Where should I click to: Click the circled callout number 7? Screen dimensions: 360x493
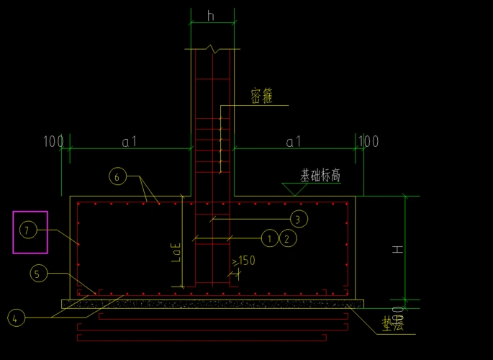[27, 230]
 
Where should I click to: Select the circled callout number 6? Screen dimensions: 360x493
[117, 175]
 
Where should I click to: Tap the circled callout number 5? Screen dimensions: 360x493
[39, 274]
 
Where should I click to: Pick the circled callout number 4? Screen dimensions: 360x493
[17, 317]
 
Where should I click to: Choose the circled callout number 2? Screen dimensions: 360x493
[286, 238]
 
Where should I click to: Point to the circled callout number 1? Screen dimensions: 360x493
[269, 238]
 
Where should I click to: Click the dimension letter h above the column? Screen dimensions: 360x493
[211, 16]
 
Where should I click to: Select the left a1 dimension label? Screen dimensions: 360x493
[129, 142]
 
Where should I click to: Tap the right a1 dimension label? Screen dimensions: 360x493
[294, 142]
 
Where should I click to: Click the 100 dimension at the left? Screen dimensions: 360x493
[53, 141]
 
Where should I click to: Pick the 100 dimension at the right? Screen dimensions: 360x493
[368, 141]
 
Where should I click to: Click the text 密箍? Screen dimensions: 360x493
[262, 96]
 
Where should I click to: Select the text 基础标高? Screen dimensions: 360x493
[320, 175]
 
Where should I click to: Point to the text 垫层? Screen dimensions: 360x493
[393, 325]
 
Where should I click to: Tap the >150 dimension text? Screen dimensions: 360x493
[244, 261]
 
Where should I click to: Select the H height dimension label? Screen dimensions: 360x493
[397, 249]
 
